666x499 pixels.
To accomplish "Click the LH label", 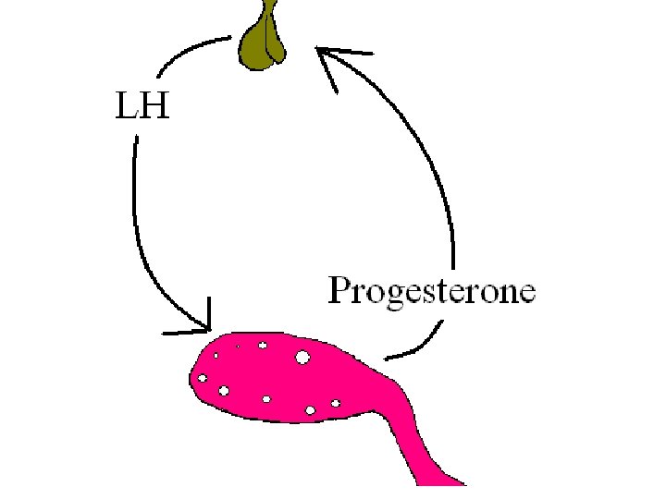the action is click(142, 107).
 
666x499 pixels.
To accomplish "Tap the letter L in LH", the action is click(127, 107).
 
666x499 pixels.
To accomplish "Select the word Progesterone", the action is click(432, 292).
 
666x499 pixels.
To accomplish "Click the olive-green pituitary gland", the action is click(264, 44).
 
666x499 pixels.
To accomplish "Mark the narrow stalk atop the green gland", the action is click(269, 11).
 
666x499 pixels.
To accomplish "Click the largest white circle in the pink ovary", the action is click(302, 358).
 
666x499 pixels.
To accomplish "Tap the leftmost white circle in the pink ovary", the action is click(202, 378).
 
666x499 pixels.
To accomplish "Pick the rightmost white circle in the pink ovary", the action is click(336, 403).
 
